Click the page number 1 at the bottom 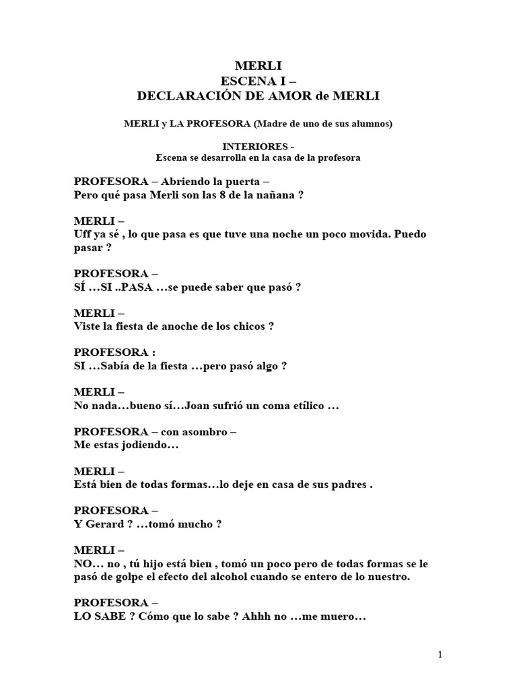coord(440,655)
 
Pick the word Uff coord(83,235)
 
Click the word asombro coord(204,432)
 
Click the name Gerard coord(104,525)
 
